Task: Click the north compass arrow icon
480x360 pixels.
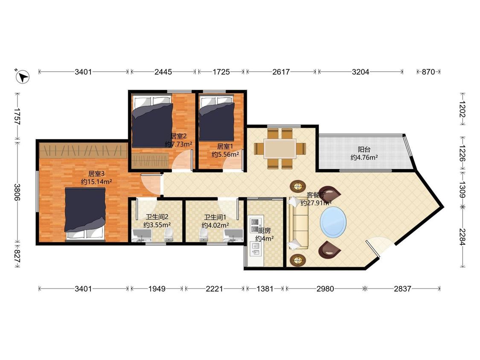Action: click(x=22, y=76)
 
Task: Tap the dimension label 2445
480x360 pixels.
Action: click(x=163, y=72)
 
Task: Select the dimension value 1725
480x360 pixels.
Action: click(x=221, y=72)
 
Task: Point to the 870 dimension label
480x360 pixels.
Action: click(x=428, y=72)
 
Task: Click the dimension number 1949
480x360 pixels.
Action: click(x=157, y=289)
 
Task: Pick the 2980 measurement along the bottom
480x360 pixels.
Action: click(x=325, y=289)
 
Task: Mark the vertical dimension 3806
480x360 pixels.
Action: click(x=17, y=192)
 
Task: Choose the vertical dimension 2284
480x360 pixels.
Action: click(x=462, y=237)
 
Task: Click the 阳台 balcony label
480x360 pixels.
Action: click(x=364, y=149)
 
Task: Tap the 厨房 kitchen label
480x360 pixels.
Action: click(x=265, y=230)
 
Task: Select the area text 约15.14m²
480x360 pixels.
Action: click(x=96, y=182)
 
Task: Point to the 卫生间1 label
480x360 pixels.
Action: click(x=215, y=218)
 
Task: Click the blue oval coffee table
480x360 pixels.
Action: click(x=333, y=222)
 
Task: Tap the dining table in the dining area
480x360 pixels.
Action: click(x=280, y=148)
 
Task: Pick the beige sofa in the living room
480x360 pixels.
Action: click(x=298, y=223)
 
